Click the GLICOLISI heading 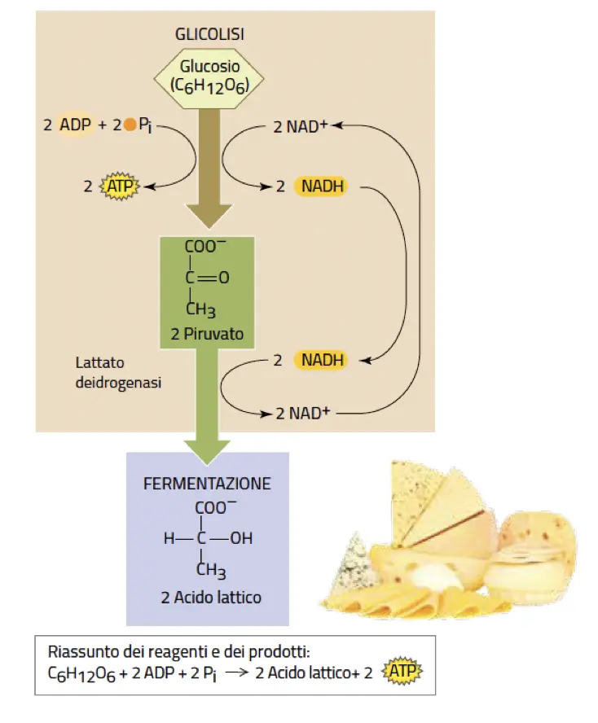209,34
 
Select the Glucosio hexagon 209,78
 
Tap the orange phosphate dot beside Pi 130,125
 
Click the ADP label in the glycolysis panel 75,125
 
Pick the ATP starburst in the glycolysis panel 120,186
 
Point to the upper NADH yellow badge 322,186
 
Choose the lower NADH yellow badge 322,360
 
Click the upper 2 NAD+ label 300,126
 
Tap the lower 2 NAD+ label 303,413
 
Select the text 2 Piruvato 207,333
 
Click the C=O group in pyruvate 207,277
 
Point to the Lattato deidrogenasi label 118,372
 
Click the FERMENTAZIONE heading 207,484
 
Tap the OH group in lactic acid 241,537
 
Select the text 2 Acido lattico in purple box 211,597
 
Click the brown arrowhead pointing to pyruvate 209,216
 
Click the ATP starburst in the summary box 402,671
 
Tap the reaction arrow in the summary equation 237,673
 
